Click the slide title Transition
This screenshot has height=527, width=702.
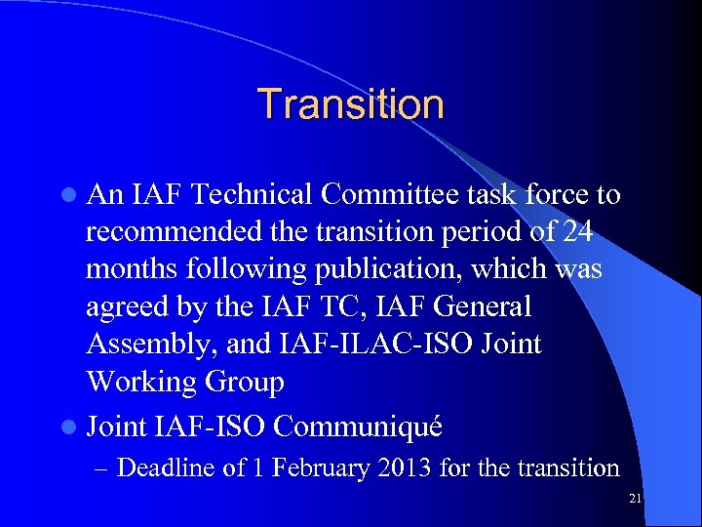tap(350, 104)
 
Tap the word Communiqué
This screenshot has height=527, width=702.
tap(360, 426)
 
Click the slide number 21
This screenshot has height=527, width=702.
tap(635, 500)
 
